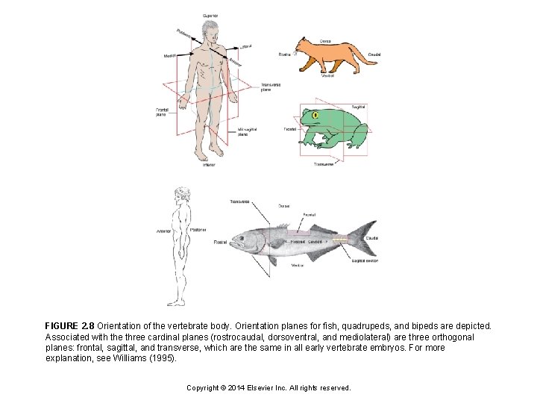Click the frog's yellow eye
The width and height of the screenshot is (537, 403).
(316, 116)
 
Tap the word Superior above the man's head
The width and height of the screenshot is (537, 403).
(211, 15)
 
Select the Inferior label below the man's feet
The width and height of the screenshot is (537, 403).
(209, 165)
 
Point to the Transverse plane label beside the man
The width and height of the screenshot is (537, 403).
(271, 87)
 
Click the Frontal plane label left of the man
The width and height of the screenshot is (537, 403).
(161, 113)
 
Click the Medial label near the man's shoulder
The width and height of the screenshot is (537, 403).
(171, 56)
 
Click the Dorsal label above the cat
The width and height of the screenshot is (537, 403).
(326, 41)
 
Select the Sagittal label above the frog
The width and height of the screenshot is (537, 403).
(358, 107)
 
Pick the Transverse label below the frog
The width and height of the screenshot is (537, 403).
(323, 163)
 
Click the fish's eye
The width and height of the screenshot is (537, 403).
(242, 237)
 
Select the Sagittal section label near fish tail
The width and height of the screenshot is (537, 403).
(365, 262)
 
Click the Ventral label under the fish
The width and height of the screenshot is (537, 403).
(297, 266)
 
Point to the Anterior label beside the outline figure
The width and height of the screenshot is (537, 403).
(163, 231)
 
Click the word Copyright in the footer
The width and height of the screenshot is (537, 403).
(203, 388)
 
